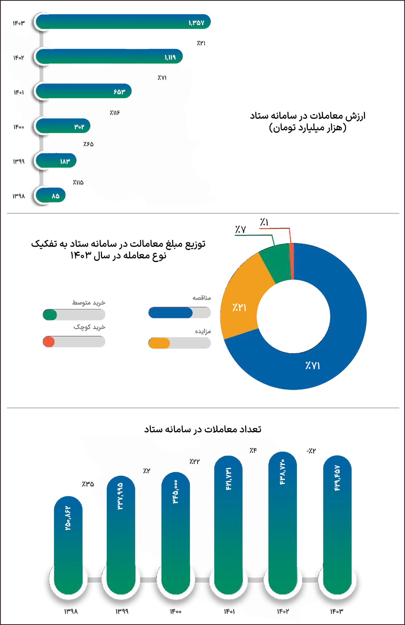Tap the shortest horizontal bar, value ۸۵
[51, 195]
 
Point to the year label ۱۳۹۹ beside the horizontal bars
[19, 161]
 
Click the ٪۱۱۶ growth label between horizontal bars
[114, 113]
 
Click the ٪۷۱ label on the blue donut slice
[312, 365]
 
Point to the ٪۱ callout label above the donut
[264, 222]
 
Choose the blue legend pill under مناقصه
[170, 312]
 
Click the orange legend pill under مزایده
[159, 343]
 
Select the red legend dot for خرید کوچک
[49, 342]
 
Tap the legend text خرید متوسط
[89, 303]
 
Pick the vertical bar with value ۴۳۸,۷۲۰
[282, 522]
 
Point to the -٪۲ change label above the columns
[311, 451]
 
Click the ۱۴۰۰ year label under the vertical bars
[175, 612]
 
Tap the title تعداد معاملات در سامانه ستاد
[202, 429]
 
